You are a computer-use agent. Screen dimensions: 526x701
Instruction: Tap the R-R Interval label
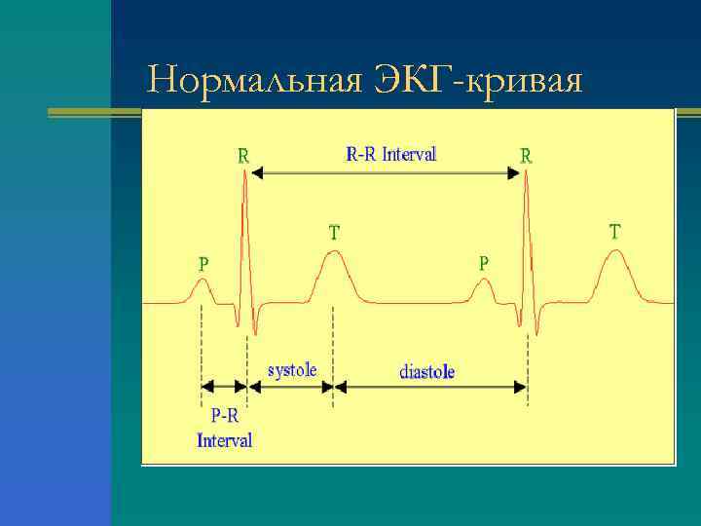point(391,154)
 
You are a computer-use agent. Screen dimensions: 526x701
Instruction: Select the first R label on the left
point(243,155)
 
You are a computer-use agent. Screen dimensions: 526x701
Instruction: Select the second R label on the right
point(526,155)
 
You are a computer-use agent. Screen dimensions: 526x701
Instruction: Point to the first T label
point(334,233)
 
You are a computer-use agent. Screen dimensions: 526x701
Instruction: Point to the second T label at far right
point(615,232)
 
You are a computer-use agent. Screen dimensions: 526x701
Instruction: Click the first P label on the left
point(203,263)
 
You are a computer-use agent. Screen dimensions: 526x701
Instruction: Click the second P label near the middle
point(484,263)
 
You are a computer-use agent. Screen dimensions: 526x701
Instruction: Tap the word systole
point(292,371)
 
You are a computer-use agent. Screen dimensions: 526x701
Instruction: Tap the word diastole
point(427,372)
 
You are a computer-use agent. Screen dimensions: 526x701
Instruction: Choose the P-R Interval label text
point(225,429)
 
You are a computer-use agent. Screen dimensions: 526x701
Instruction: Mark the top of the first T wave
point(333,251)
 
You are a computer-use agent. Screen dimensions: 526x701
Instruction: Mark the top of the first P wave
point(202,282)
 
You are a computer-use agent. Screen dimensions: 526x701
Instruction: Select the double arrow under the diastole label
point(431,387)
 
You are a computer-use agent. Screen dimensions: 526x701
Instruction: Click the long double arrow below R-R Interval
point(386,172)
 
